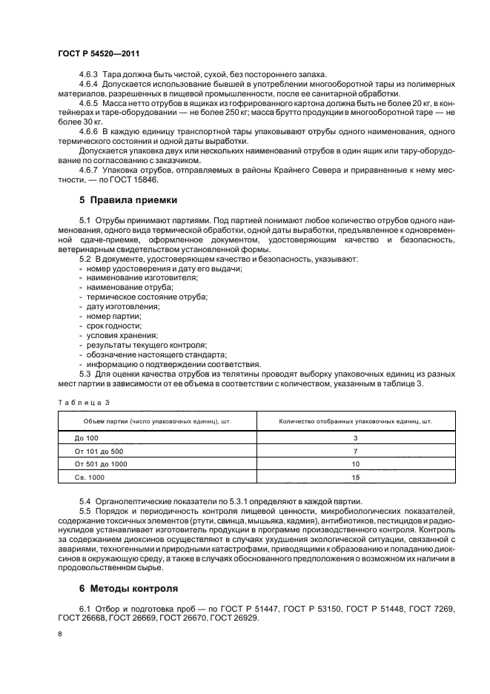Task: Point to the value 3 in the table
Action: click(x=356, y=438)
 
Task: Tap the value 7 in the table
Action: click(x=356, y=451)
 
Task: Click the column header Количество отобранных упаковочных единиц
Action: click(x=356, y=421)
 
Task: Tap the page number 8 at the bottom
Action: click(x=60, y=635)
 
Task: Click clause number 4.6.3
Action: click(x=90, y=73)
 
